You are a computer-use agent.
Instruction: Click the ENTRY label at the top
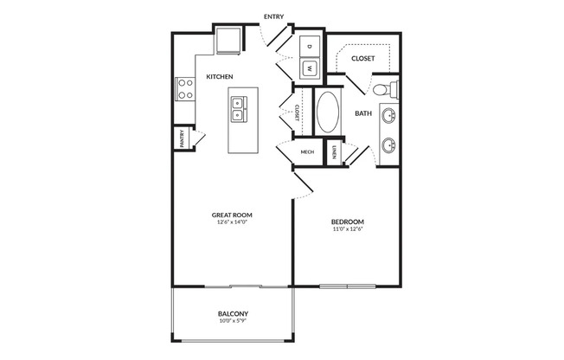point(273,16)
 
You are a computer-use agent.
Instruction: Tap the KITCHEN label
point(220,77)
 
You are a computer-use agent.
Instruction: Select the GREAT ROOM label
point(232,215)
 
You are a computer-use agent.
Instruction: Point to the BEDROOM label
point(347,222)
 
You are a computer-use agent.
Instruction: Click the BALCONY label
point(233,314)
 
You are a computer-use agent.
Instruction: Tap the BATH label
point(363,113)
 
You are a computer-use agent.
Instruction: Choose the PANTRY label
point(182,138)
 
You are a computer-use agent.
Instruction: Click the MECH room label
point(307,152)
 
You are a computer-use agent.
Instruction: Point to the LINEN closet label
point(334,152)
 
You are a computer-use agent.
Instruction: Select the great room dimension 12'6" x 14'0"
point(232,222)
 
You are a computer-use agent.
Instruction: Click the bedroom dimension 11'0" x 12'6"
point(347,228)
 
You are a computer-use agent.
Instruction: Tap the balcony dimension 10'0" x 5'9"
point(233,321)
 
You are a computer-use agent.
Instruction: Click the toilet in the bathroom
point(386,89)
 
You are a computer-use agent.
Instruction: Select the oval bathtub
point(328,112)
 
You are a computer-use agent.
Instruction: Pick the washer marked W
point(310,67)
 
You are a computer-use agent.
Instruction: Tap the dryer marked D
point(310,46)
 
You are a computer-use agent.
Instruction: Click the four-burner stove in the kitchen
point(185,89)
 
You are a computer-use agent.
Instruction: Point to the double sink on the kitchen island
point(238,109)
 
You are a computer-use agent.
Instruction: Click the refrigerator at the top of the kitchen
point(228,41)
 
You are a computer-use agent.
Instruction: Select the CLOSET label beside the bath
point(362,58)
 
